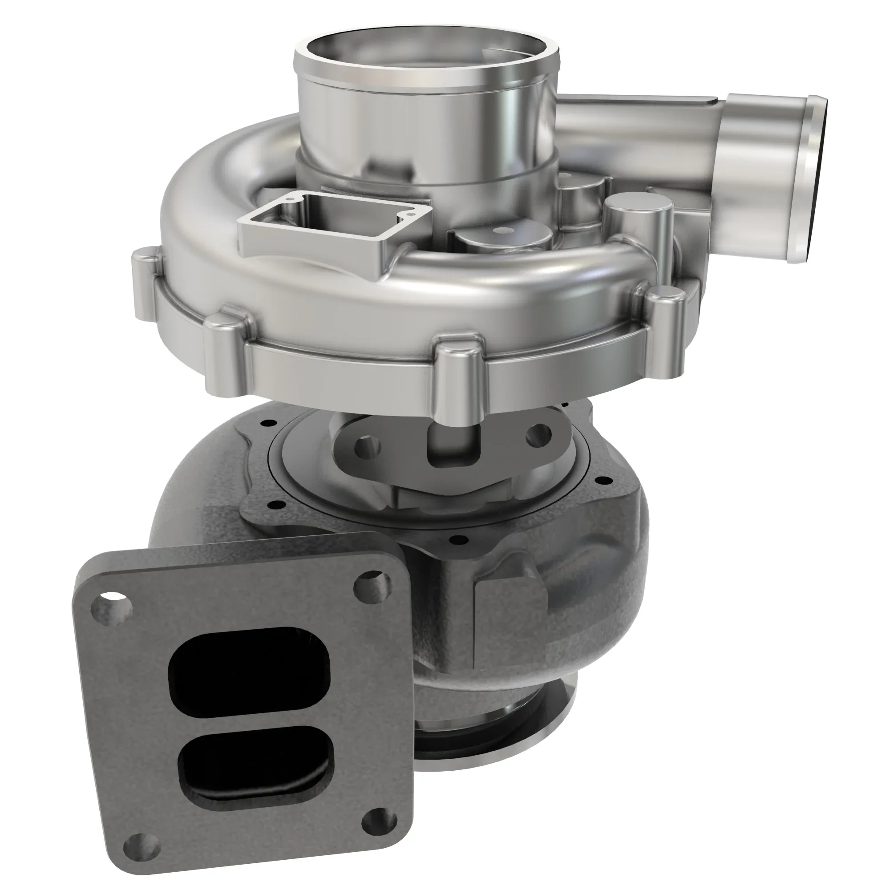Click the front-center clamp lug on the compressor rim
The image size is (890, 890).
[x=456, y=380]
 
